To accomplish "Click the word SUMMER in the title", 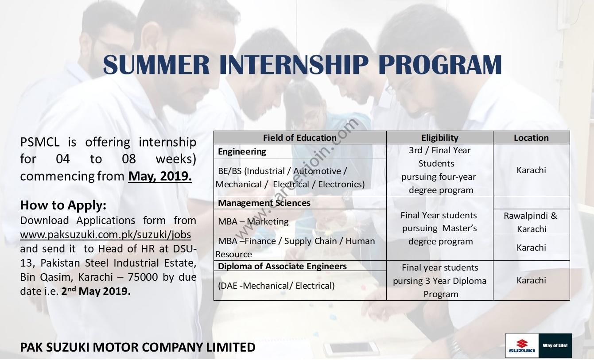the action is (x=156, y=64).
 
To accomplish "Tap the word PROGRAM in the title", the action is (x=440, y=64).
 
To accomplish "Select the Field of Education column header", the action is (x=299, y=138).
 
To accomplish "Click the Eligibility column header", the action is (x=440, y=138).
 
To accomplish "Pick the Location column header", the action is (x=531, y=138).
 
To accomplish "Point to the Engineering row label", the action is (x=242, y=151).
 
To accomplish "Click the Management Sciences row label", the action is (x=264, y=203).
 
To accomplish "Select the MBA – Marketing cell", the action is (x=253, y=221).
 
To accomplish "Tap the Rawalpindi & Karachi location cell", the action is (x=531, y=222).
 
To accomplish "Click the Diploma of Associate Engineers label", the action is (x=282, y=266).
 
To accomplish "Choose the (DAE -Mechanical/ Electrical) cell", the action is (x=276, y=286).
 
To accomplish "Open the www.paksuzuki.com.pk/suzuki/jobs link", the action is (x=105, y=235).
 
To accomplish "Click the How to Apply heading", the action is (x=63, y=205).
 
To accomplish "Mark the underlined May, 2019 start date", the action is (x=160, y=176).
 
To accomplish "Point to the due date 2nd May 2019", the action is (x=96, y=291).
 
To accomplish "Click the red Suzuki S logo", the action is (x=522, y=344).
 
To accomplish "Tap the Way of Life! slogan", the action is (x=555, y=345).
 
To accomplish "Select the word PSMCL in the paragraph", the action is (x=40, y=142).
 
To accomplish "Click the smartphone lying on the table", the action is (x=351, y=349).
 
